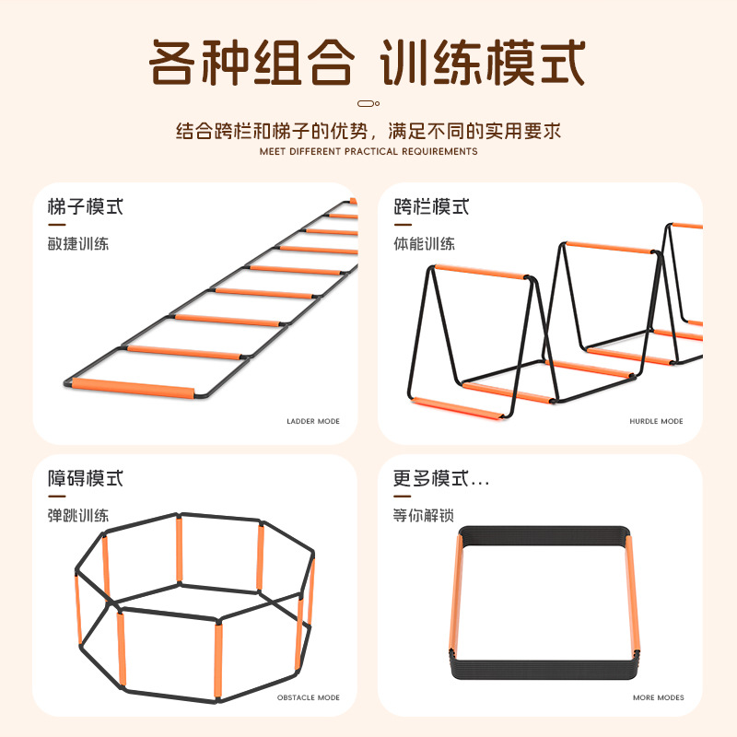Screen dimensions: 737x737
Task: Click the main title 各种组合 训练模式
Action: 368,64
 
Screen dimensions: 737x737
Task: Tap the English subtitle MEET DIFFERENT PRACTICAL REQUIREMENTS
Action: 368,151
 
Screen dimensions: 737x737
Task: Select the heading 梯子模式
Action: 86,206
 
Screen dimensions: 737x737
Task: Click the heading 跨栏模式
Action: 432,206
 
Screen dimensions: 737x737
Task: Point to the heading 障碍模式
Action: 86,478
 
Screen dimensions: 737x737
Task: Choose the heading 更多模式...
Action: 441,478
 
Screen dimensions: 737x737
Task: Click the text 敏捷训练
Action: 78,244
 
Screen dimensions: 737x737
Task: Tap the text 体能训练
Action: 425,244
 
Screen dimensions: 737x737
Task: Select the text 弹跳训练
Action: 78,515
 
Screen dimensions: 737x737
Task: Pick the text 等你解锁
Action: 424,515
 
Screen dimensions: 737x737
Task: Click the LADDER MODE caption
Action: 313,421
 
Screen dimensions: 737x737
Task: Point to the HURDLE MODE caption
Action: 657,421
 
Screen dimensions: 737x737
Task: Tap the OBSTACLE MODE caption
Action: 309,697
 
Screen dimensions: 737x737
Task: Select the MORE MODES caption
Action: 659,697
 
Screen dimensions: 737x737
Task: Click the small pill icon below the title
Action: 368,103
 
